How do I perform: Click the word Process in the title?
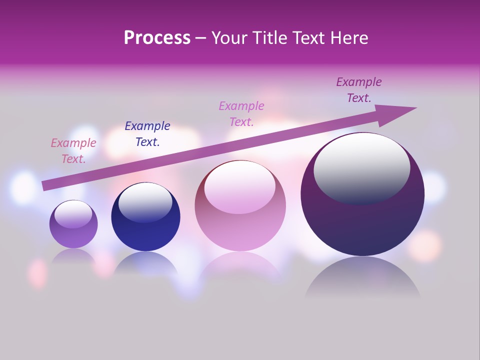tap(157, 37)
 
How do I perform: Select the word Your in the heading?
tap(230, 37)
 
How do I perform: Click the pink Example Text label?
tap(73, 151)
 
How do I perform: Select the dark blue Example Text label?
tap(147, 134)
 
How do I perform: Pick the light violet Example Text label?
tap(241, 114)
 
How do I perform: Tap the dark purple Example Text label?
tap(359, 90)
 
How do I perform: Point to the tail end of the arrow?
tap(46, 185)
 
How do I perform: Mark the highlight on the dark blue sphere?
tap(145, 202)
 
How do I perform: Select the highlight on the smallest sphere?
tap(73, 214)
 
